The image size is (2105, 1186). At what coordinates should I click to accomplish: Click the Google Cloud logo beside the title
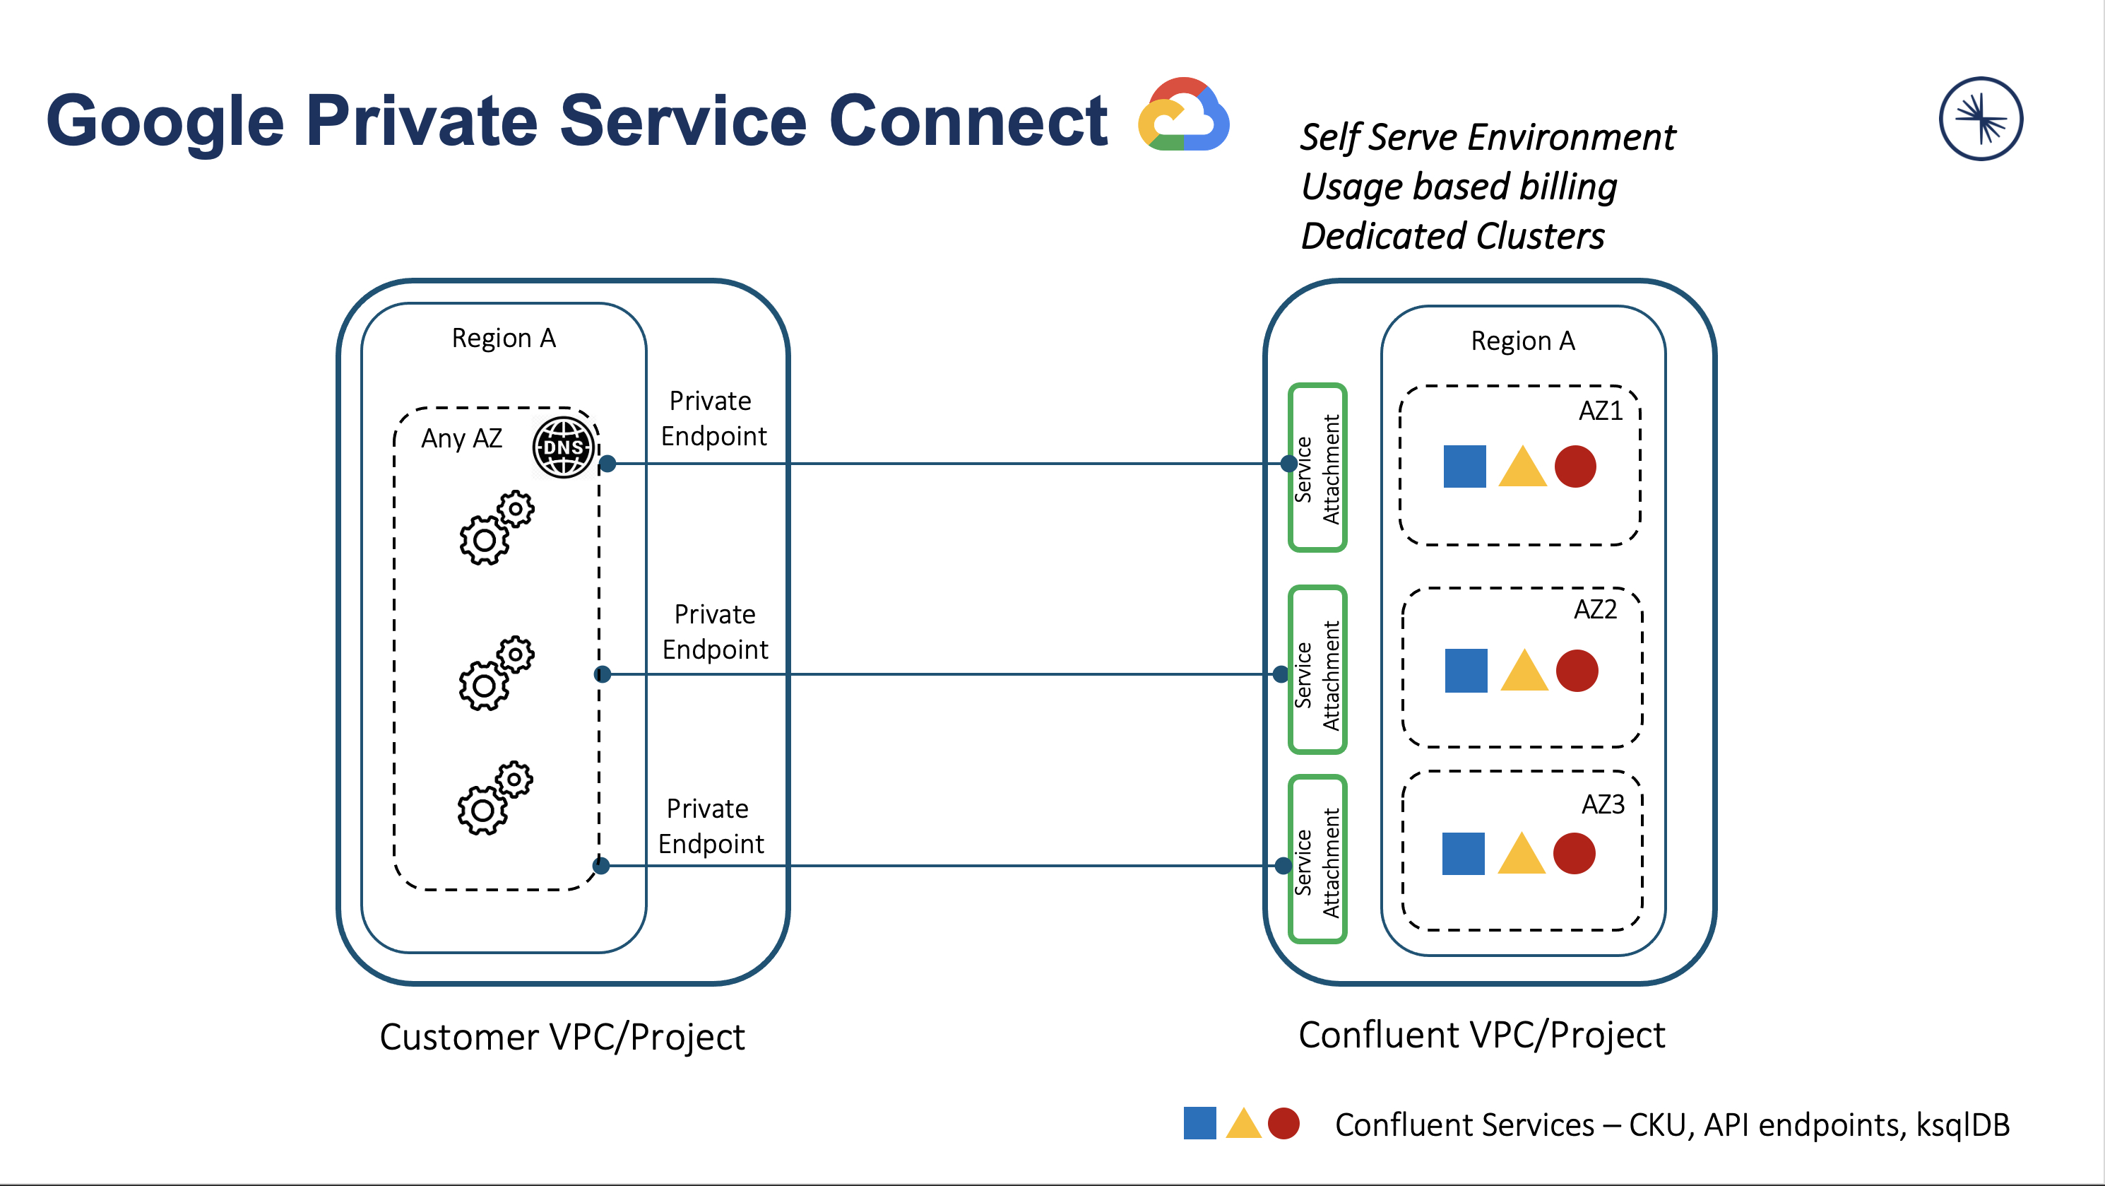point(1183,115)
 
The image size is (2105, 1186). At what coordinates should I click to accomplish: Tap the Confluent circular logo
point(1981,119)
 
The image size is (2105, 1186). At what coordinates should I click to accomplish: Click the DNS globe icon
point(563,447)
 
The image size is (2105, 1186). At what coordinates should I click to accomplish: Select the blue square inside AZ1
point(1464,466)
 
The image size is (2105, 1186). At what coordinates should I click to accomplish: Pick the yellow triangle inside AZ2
point(1524,673)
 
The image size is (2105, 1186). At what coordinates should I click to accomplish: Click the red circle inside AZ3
point(1574,854)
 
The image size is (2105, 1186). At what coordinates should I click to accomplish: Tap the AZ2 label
point(1594,610)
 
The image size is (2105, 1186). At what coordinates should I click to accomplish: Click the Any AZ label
point(462,439)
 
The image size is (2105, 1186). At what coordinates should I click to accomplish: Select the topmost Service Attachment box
point(1317,467)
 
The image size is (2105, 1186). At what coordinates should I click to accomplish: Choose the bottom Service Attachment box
point(1317,859)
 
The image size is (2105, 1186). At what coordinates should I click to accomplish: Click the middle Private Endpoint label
point(715,632)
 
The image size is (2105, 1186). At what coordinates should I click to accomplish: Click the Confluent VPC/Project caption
point(1481,1035)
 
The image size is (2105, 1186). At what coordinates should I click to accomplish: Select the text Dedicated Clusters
point(1453,236)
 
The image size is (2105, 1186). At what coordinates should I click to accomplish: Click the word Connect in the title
point(968,121)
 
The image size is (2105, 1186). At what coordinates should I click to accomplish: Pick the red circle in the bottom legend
point(1283,1124)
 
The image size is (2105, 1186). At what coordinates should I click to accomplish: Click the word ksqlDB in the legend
point(1963,1125)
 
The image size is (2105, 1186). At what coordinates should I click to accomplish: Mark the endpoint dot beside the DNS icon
point(607,464)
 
